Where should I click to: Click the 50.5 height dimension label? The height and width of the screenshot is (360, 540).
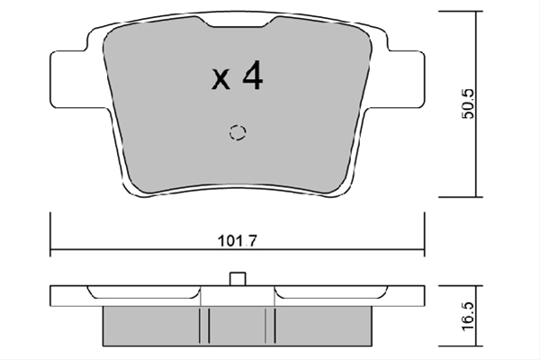(468, 103)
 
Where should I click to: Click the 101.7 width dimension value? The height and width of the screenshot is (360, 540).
(238, 241)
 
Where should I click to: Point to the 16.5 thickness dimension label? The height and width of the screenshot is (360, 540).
(468, 317)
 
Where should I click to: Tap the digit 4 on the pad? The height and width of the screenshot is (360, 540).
(253, 76)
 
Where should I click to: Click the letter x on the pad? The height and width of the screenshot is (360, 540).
(220, 79)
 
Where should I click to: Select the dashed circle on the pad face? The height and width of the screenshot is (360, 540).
(238, 132)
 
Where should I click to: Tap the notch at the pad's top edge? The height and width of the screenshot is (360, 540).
(238, 22)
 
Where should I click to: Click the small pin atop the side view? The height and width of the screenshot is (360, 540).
(238, 279)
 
